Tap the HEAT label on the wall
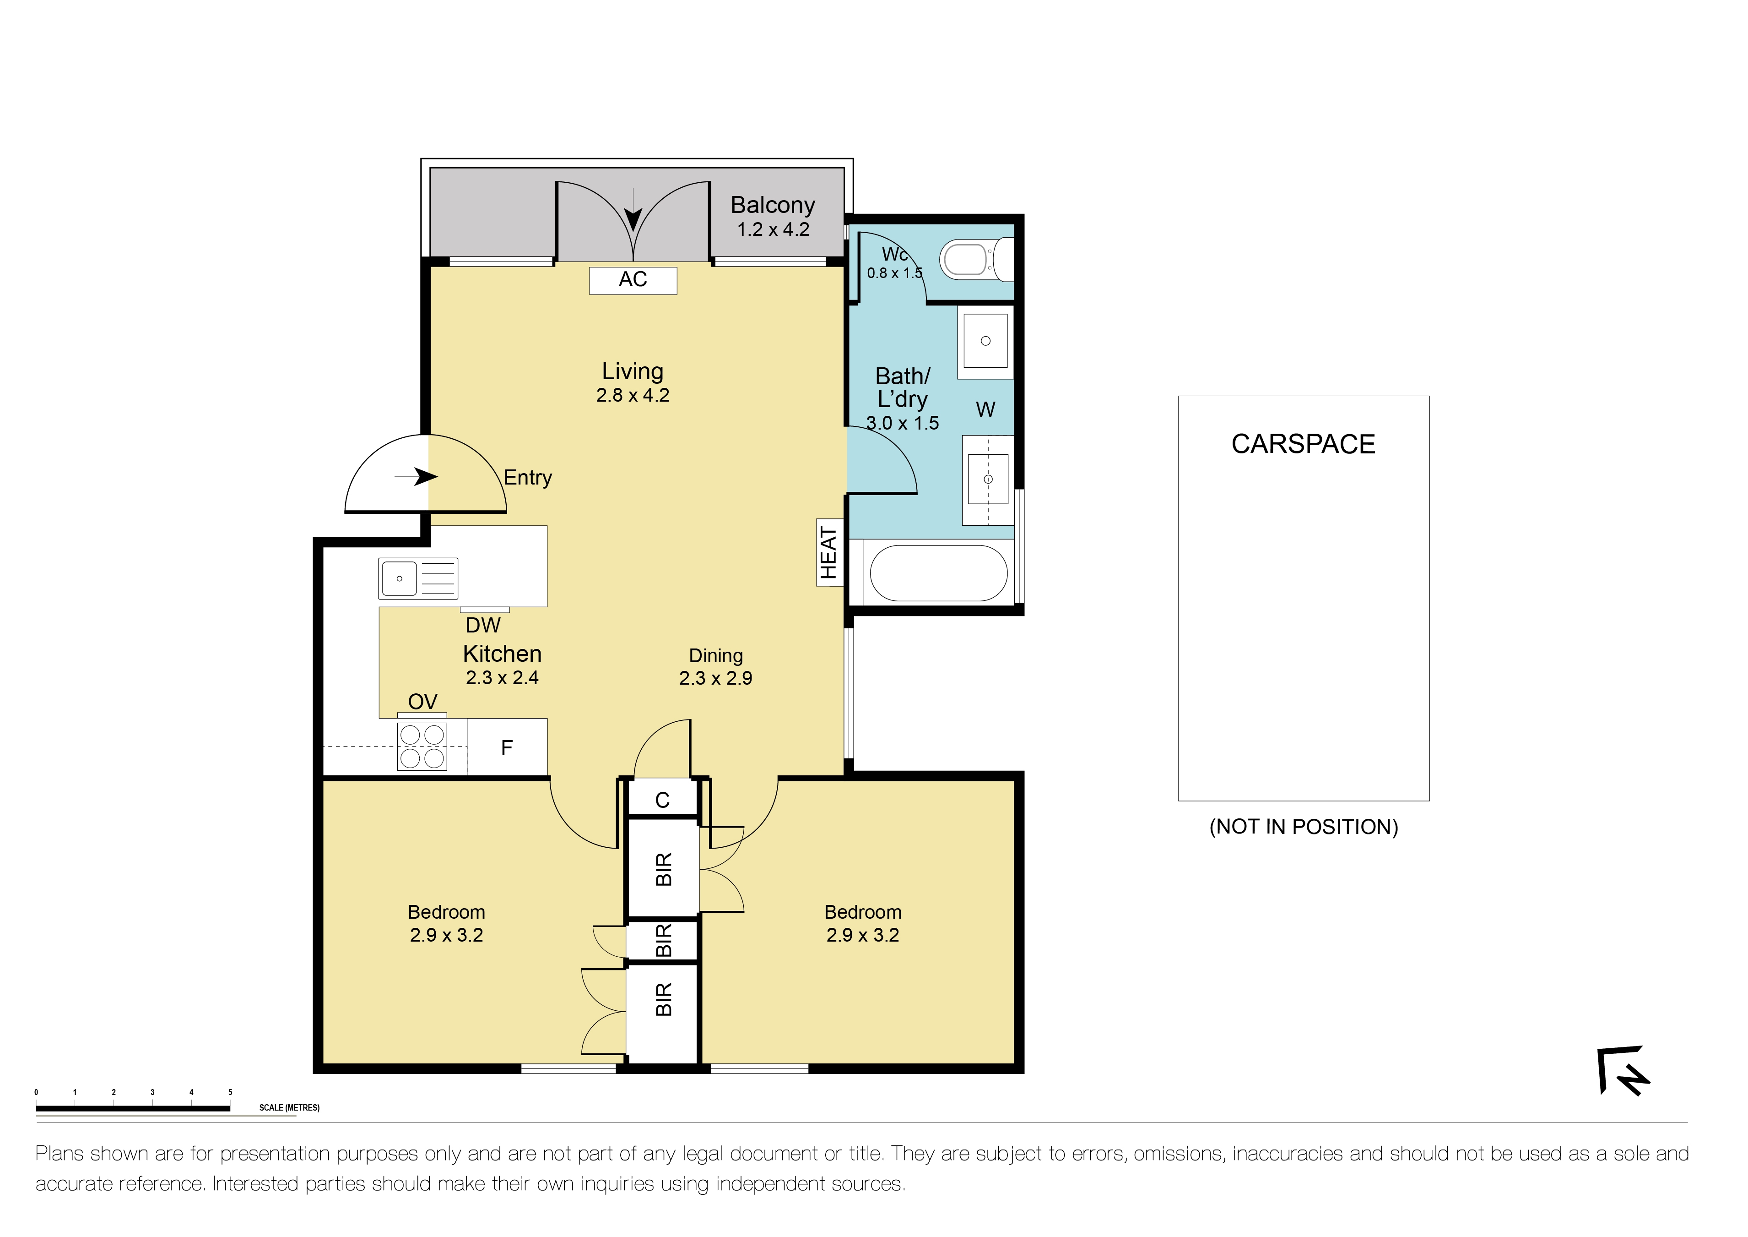(828, 553)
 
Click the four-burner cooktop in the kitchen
(422, 747)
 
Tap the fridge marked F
(507, 748)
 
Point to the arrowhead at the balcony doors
(633, 221)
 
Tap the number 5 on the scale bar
(230, 1092)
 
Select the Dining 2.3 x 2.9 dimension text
(716, 678)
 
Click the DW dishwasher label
(483, 625)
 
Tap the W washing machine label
(985, 410)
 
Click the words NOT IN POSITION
(1304, 827)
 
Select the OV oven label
(422, 702)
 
